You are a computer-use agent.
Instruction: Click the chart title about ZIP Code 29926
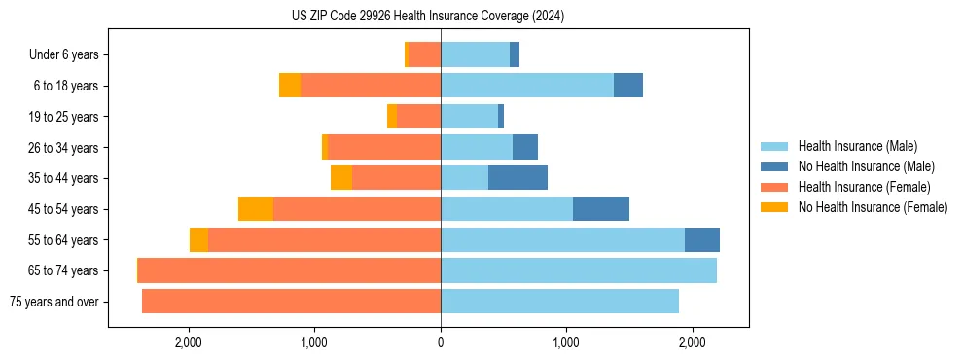428,17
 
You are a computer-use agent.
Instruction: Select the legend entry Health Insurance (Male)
857,146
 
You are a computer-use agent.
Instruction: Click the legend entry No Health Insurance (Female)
873,207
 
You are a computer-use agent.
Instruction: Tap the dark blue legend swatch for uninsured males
774,166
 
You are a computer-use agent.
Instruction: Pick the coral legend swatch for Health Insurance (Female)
774,187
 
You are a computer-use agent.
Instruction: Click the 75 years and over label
54,302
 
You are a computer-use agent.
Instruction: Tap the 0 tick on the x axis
441,342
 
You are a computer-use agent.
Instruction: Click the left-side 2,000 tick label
188,342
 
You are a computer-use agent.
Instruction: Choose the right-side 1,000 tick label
566,342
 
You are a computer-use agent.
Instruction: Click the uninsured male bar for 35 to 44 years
517,178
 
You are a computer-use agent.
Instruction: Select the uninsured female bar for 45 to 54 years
256,209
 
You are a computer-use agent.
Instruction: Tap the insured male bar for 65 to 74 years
579,270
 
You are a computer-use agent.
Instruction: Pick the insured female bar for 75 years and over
292,302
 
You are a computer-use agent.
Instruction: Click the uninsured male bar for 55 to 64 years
702,240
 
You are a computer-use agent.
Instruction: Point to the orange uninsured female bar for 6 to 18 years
290,86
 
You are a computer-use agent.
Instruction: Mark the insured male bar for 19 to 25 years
469,117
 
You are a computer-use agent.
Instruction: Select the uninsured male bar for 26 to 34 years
525,147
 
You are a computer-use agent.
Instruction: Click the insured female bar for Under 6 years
425,54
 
